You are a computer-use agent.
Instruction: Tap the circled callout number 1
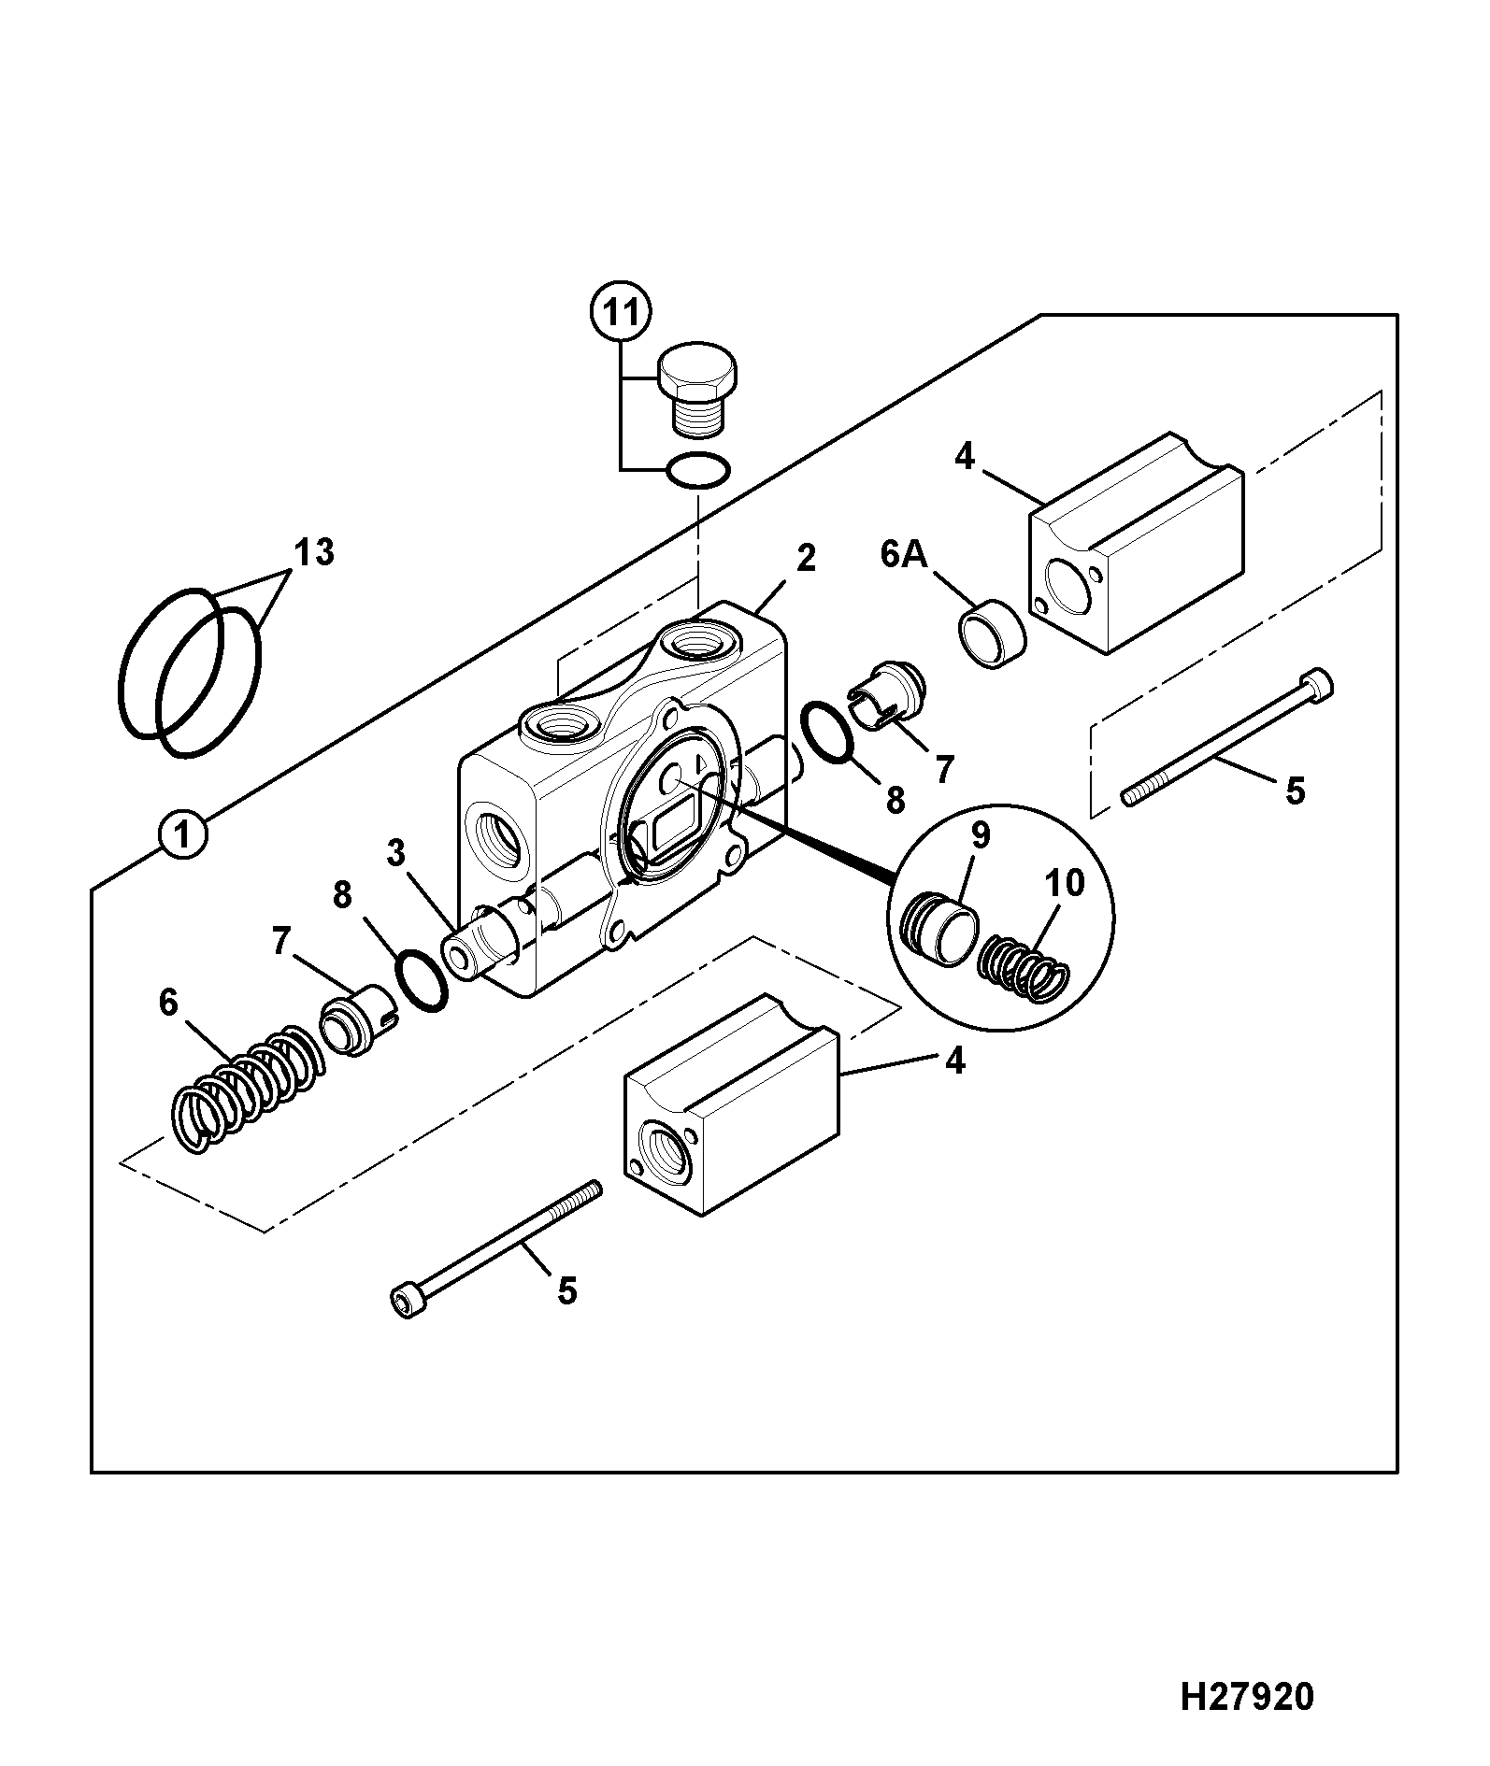(182, 834)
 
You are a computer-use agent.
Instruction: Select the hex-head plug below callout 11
(698, 391)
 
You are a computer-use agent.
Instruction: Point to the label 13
(315, 552)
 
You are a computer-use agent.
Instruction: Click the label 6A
(904, 554)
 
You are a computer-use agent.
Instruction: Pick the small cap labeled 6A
(991, 634)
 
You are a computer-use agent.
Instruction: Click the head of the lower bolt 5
(407, 1301)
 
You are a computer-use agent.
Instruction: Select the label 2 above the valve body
(806, 558)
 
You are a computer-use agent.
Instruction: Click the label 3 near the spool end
(396, 852)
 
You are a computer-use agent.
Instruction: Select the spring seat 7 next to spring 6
(361, 1021)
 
